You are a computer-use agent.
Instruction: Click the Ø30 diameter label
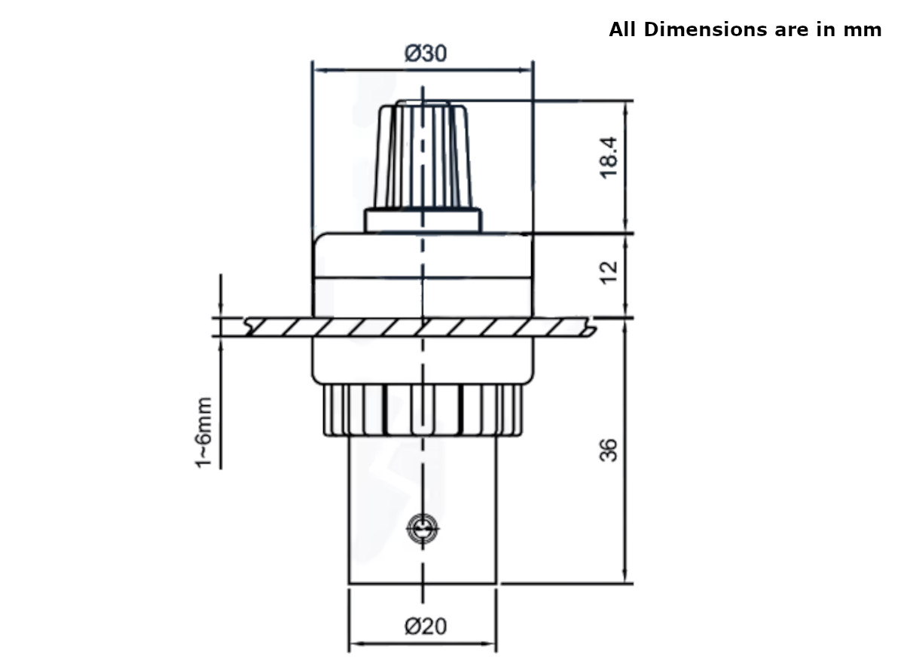[x=425, y=53]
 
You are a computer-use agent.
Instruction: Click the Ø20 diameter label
[x=425, y=626]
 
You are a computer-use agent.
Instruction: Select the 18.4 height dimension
[x=609, y=157]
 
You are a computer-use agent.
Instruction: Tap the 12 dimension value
[x=609, y=271]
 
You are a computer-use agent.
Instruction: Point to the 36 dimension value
[x=609, y=450]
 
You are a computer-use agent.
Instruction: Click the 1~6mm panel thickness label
[x=204, y=432]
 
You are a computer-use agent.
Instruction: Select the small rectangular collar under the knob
[x=422, y=220]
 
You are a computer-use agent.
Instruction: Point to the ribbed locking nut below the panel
[x=422, y=411]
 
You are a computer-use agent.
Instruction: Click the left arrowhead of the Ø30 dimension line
[x=316, y=71]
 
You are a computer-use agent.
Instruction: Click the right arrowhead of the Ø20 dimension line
[x=492, y=644]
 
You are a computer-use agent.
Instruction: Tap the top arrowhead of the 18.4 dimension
[x=625, y=105]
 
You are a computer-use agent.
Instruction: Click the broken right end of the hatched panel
[x=592, y=328]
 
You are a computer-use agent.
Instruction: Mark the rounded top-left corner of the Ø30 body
[x=317, y=239]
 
